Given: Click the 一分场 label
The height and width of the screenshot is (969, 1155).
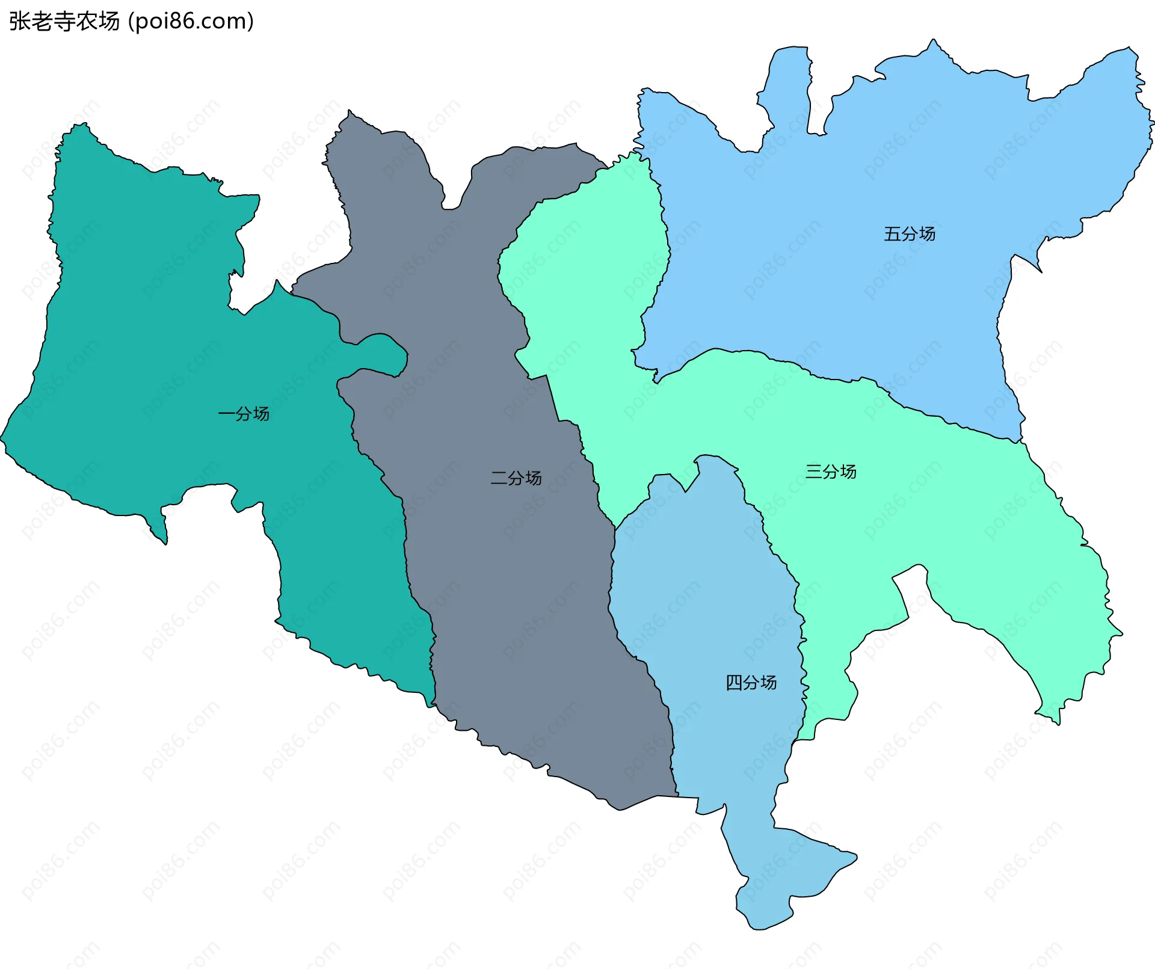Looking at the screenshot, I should (x=244, y=414).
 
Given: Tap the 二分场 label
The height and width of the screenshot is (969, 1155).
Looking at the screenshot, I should (x=516, y=478).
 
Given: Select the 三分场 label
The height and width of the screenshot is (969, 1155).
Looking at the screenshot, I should (x=831, y=472).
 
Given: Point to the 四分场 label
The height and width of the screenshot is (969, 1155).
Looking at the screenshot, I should (x=751, y=683).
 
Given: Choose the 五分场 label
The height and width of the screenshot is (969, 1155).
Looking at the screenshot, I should (x=910, y=234).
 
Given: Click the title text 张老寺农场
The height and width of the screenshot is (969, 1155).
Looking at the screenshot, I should (x=64, y=22).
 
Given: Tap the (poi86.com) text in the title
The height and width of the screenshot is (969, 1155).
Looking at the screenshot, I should (x=191, y=22).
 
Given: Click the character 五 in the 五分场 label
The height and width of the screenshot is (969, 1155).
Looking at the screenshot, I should (x=892, y=234).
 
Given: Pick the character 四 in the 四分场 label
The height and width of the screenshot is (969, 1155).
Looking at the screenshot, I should (x=734, y=683).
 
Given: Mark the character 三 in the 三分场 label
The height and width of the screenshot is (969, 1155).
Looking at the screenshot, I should (x=813, y=472).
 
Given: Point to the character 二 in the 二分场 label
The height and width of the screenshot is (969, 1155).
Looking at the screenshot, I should (x=499, y=478).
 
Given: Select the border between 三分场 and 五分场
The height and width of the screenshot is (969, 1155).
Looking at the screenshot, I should (x=842, y=379).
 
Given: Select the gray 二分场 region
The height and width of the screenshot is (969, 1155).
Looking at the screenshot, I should (x=511, y=601).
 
